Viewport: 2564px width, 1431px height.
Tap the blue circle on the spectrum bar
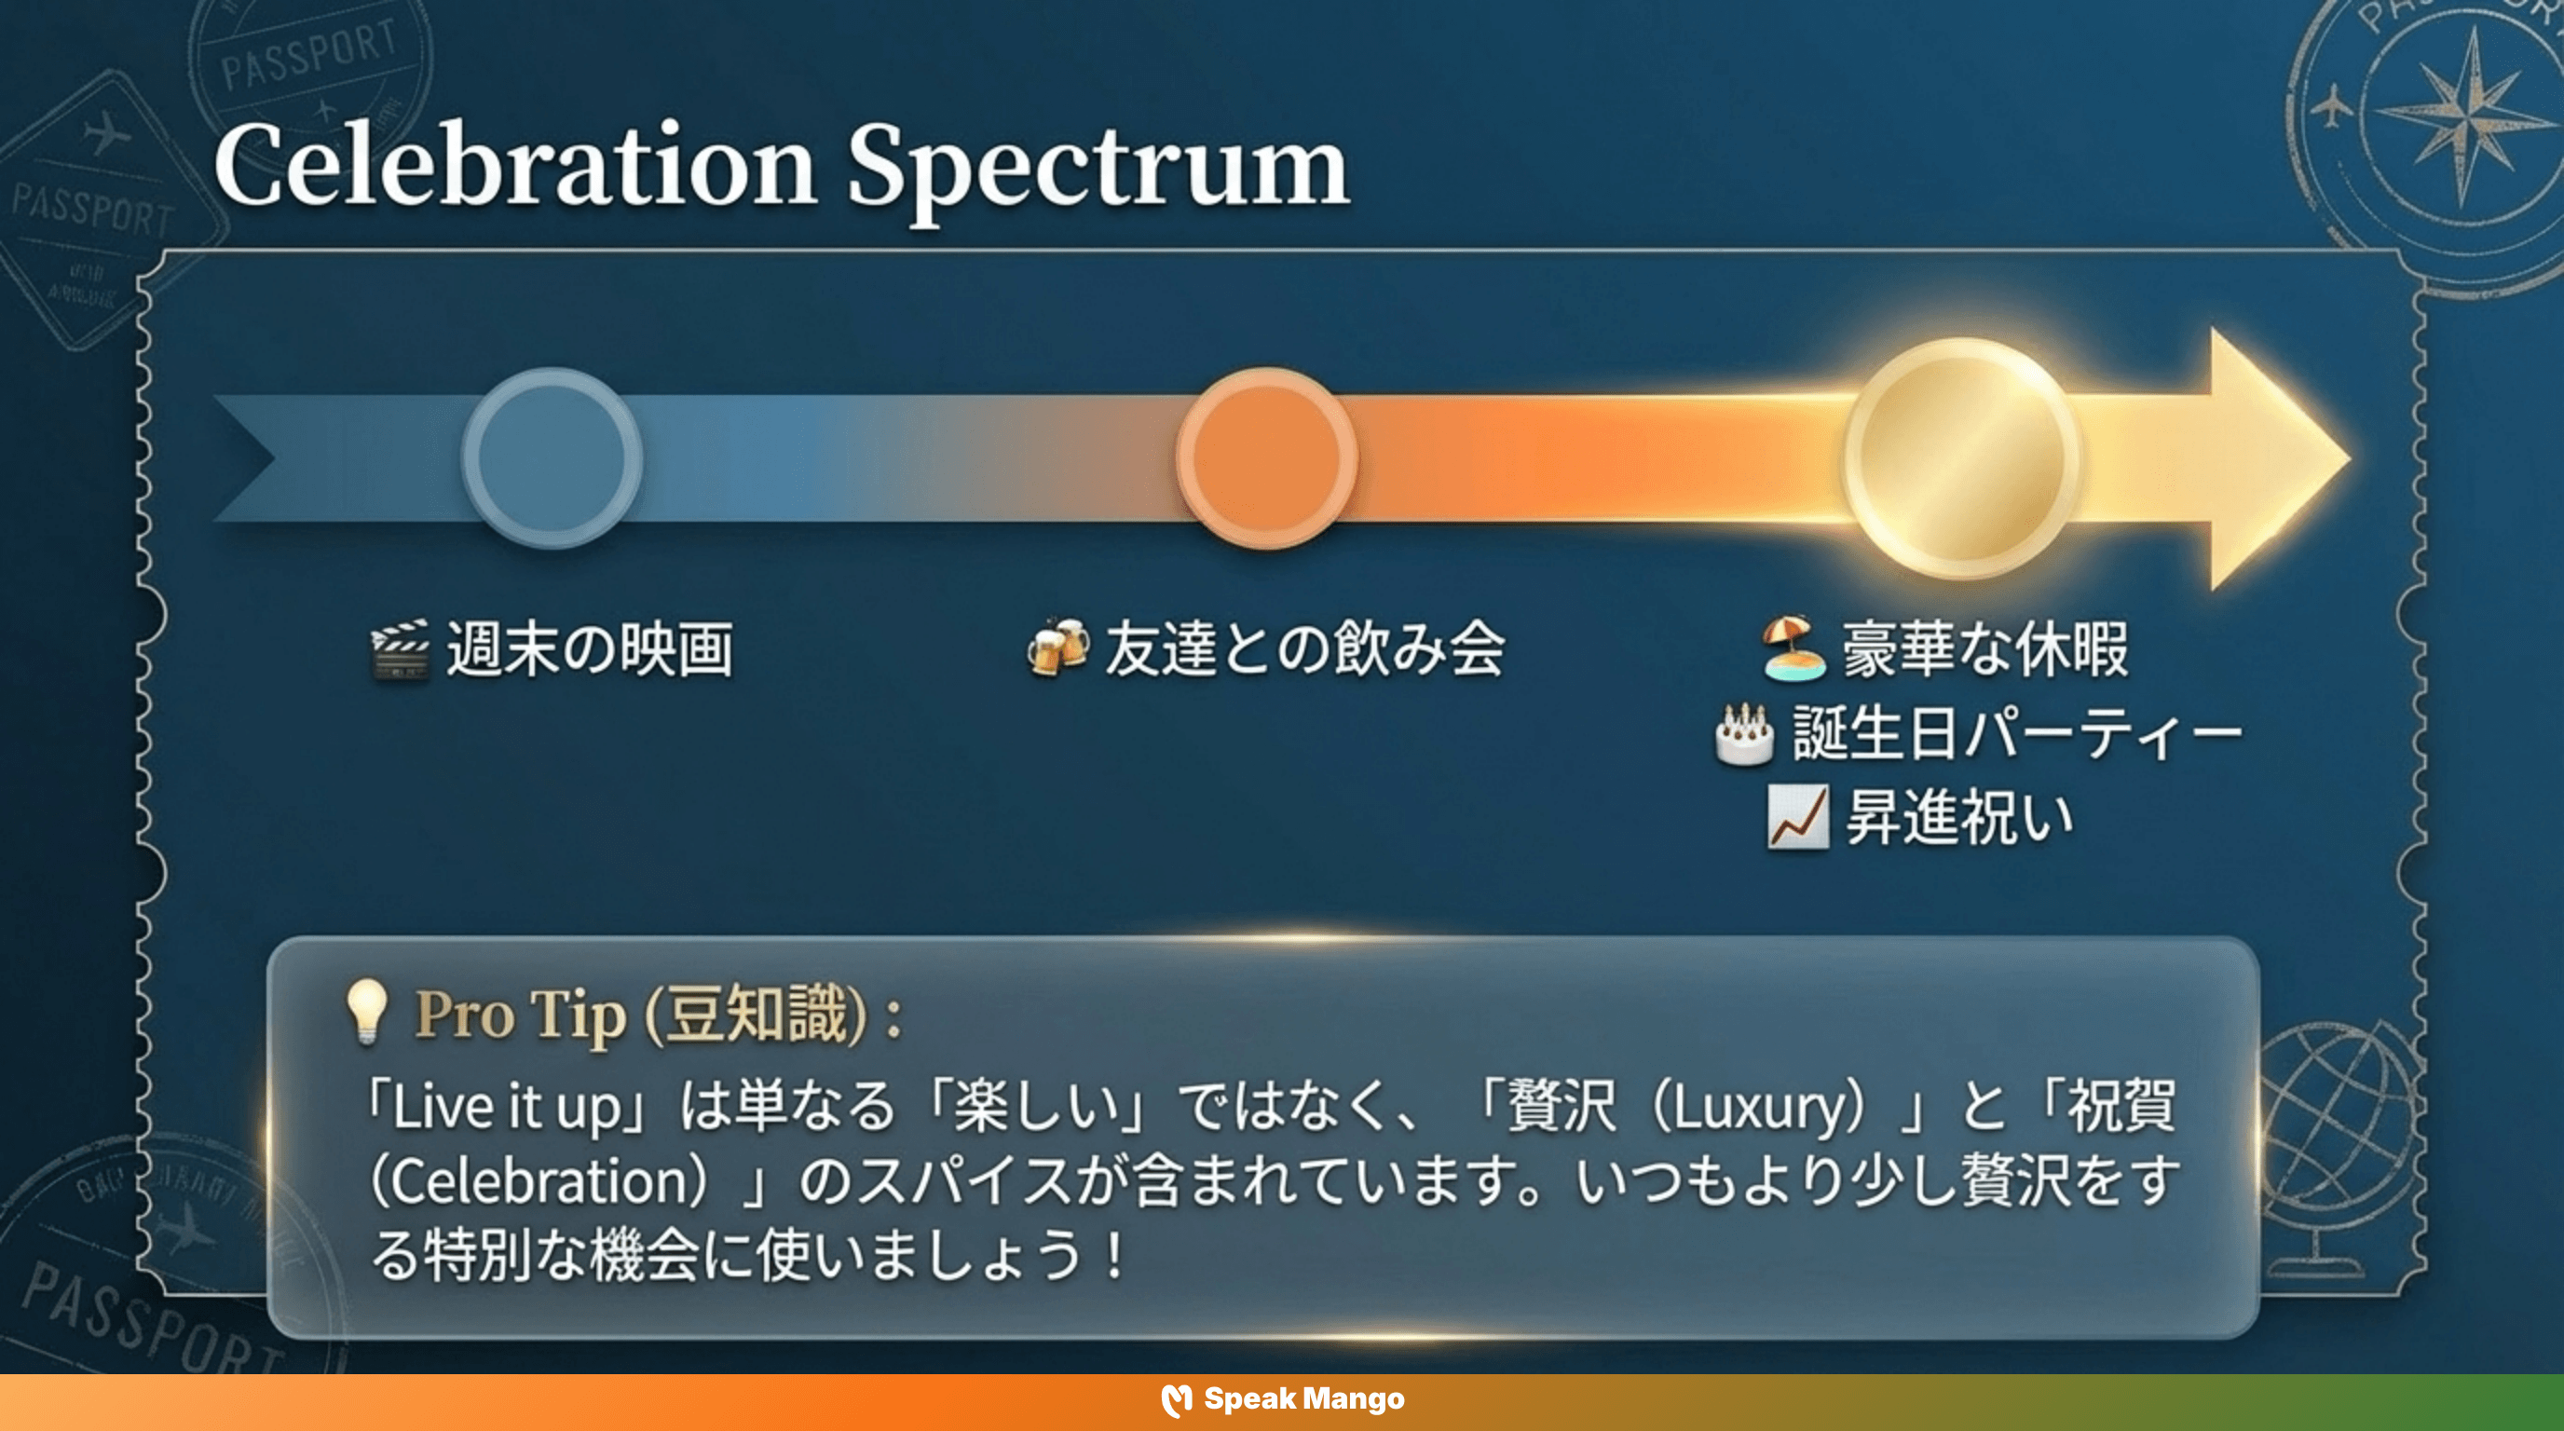click(552, 457)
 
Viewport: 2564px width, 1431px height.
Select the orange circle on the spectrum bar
click(1266, 457)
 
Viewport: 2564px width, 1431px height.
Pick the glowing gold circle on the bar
click(1961, 457)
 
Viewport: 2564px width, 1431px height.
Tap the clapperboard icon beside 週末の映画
click(400, 650)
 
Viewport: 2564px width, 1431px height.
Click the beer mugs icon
click(1057, 647)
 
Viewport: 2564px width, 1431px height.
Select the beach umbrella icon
click(1793, 647)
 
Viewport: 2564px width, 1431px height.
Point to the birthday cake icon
click(1744, 734)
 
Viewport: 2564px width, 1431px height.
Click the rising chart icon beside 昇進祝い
click(1797, 817)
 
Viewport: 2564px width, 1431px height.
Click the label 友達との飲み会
click(1304, 648)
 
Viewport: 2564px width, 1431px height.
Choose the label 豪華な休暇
click(1984, 648)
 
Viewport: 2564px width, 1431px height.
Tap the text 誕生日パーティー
click(2015, 734)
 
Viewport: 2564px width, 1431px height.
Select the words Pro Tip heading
click(520, 1015)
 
